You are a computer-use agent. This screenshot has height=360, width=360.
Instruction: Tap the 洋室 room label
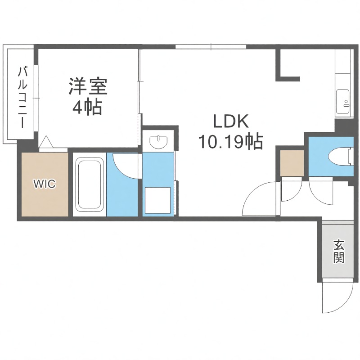pyautogui.click(x=88, y=86)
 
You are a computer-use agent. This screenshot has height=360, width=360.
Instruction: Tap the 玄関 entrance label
pyautogui.click(x=339, y=252)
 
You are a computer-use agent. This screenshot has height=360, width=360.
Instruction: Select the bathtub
pyautogui.click(x=89, y=184)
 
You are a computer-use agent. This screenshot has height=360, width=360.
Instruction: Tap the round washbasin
pyautogui.click(x=158, y=142)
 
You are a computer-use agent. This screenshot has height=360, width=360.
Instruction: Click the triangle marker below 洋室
pyautogui.click(x=46, y=143)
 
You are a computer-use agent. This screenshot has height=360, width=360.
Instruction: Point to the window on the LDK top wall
pyautogui.click(x=211, y=46)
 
